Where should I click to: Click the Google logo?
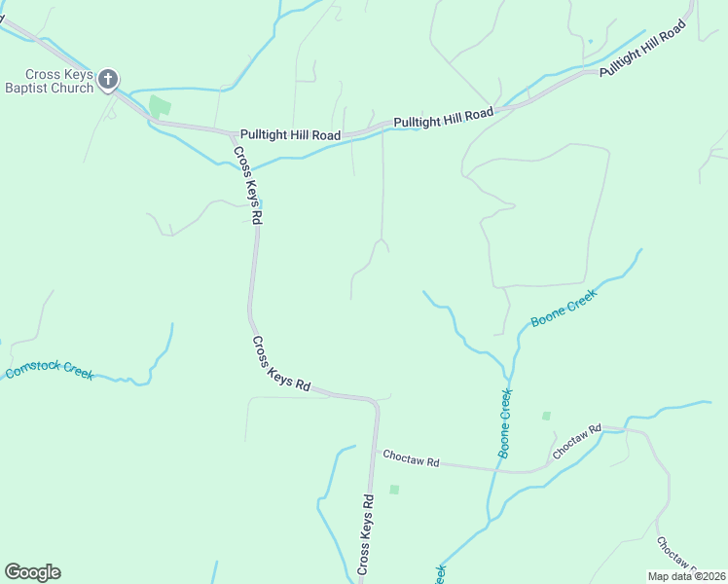tap(32, 572)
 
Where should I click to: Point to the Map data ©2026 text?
tap(685, 576)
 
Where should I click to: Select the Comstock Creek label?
tap(49, 368)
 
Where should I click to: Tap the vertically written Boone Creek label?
tap(505, 423)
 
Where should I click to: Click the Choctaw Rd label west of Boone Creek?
tap(411, 457)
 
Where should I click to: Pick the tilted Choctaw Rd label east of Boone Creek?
tap(577, 441)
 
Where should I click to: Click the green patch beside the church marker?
tap(160, 105)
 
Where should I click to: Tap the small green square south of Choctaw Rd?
tap(394, 490)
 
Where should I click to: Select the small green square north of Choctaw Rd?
tap(546, 416)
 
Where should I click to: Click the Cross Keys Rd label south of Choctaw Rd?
tap(366, 534)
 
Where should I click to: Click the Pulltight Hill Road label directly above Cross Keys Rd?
tap(290, 134)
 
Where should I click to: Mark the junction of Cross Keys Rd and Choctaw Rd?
tap(374, 450)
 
